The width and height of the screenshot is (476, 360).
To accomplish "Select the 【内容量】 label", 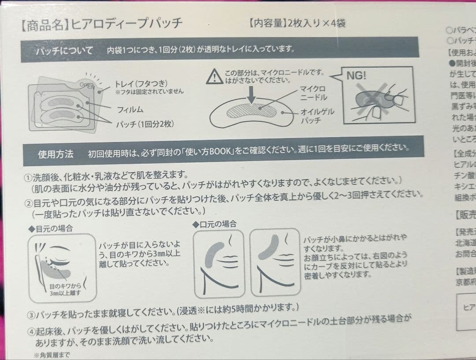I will [268, 22].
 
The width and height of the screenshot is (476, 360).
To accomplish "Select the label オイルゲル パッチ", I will [317, 116].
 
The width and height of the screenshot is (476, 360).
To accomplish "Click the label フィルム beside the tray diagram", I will [130, 109].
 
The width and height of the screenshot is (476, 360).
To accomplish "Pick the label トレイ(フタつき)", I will [141, 83].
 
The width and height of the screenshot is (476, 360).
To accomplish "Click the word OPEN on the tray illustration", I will [87, 85].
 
